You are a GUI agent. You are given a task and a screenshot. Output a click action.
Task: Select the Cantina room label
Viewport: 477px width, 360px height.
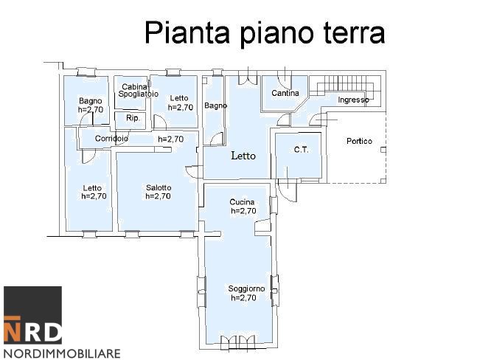pyautogui.click(x=285, y=94)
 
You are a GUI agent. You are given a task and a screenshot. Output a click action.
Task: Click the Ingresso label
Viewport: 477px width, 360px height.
pyautogui.click(x=353, y=100)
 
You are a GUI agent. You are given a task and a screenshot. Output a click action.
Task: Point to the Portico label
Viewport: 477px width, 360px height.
pyautogui.click(x=360, y=142)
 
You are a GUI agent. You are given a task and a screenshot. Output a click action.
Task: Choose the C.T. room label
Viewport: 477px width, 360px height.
pyautogui.click(x=301, y=150)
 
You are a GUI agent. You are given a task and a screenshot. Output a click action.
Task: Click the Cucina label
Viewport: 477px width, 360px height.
pyautogui.click(x=243, y=202)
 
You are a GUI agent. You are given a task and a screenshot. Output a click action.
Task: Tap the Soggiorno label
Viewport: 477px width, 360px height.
pyautogui.click(x=246, y=288)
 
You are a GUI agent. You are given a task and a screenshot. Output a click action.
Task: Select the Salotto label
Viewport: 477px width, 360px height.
pyautogui.click(x=159, y=187)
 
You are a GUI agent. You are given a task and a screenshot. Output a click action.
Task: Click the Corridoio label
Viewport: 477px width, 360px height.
pyautogui.click(x=112, y=139)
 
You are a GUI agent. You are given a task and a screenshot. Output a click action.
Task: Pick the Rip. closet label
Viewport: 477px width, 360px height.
pyautogui.click(x=133, y=118)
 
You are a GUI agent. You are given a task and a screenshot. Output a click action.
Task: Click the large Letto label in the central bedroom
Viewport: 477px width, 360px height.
pyautogui.click(x=243, y=156)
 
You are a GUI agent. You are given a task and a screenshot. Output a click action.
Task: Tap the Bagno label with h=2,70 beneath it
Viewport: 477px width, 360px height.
pyautogui.click(x=91, y=101)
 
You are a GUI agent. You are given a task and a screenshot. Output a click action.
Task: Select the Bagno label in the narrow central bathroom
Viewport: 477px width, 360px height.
pyautogui.click(x=216, y=105)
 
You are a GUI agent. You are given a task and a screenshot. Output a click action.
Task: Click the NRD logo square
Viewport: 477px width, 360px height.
pyautogui.click(x=32, y=315)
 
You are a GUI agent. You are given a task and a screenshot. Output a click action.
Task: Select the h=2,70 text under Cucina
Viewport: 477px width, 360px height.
pyautogui.click(x=243, y=211)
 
